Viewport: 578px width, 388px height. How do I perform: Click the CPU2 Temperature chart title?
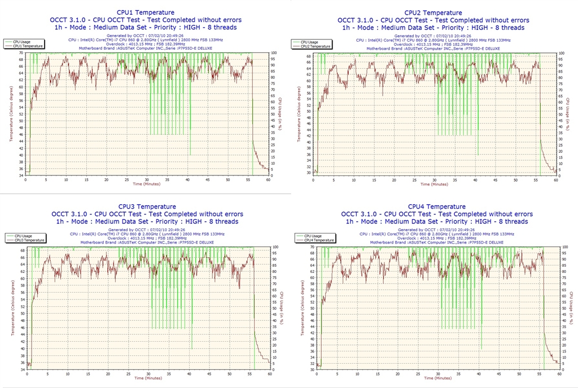tap(435, 12)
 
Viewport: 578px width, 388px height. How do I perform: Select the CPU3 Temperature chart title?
tap(147, 206)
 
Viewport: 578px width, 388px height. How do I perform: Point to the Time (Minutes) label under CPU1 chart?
tap(146, 184)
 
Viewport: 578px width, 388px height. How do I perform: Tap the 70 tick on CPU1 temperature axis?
tap(21, 53)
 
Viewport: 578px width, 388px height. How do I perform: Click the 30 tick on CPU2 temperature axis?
tap(309, 173)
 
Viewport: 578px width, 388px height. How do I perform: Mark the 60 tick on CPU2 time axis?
tap(556, 180)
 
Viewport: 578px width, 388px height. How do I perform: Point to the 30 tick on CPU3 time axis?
tap(148, 374)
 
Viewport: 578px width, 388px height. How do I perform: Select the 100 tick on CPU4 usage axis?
tap(566, 247)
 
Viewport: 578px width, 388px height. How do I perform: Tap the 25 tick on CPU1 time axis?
tap(127, 180)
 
